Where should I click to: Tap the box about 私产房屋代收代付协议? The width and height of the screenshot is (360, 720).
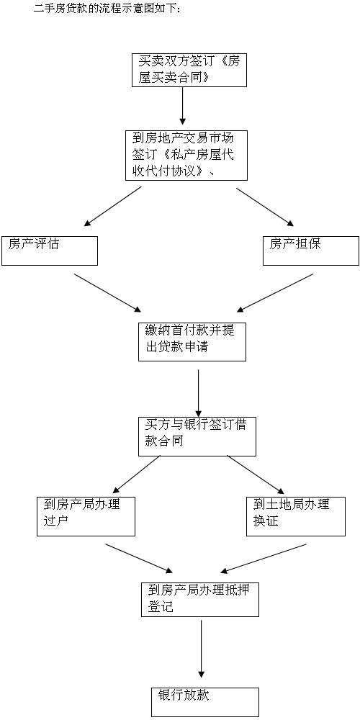tap(186, 155)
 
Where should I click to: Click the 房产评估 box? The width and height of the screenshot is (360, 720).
tap(49, 251)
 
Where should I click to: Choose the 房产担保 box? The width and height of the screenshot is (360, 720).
tap(310, 251)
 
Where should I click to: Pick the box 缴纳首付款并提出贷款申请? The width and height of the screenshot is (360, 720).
tap(192, 341)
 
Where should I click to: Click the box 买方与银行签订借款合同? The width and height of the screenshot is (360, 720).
tap(197, 436)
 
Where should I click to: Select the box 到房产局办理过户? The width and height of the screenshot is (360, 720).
tap(86, 516)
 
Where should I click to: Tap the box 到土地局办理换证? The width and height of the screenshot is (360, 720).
tap(295, 516)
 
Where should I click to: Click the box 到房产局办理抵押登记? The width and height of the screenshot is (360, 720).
tap(199, 599)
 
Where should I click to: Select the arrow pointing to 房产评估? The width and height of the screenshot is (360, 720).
tap(113, 206)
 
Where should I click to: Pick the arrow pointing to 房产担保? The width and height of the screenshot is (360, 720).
tap(265, 207)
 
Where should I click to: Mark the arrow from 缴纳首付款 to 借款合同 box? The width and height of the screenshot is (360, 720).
tap(198, 394)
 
